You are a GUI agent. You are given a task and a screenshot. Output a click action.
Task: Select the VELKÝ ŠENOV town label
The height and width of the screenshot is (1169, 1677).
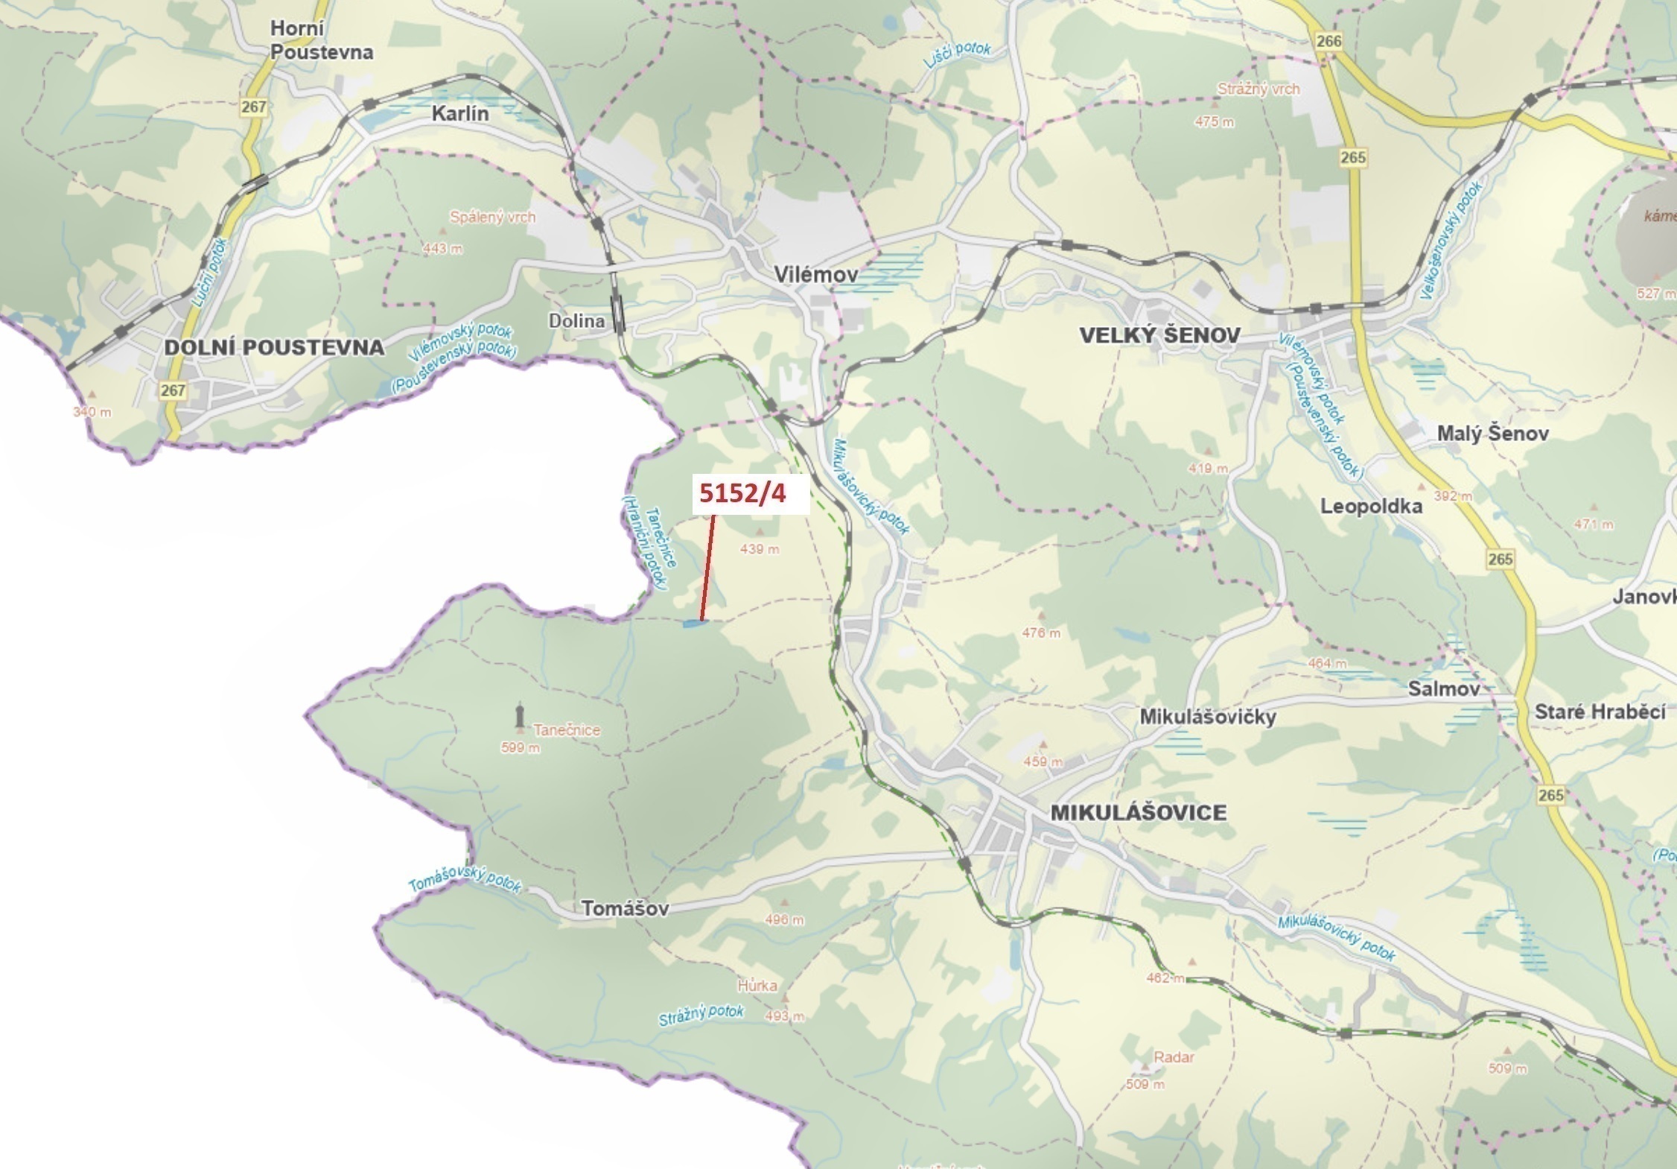tap(1159, 335)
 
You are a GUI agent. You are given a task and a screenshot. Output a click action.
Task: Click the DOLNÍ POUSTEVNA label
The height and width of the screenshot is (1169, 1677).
tap(274, 347)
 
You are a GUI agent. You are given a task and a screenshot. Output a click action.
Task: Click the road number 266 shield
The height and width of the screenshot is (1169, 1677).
tap(1328, 40)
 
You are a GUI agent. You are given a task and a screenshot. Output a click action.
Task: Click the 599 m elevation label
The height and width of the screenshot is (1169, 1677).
tap(521, 747)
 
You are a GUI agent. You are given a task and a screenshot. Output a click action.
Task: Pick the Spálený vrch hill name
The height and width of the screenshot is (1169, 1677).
tap(492, 218)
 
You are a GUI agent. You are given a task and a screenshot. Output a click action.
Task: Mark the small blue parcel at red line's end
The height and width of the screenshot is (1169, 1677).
tap(693, 623)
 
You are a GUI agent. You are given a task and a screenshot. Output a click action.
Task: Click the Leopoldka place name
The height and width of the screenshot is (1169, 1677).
tap(1371, 507)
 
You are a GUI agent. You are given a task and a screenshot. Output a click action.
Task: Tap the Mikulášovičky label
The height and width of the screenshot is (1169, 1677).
tap(1207, 717)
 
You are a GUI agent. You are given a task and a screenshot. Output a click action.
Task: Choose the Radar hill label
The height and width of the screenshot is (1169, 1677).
tap(1174, 1056)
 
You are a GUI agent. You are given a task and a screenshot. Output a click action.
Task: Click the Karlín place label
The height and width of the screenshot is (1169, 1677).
tap(460, 114)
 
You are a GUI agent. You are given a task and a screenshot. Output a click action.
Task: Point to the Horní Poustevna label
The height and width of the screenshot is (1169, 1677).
tap(321, 40)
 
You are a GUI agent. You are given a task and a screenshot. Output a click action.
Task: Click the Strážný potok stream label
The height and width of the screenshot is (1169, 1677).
tap(700, 1015)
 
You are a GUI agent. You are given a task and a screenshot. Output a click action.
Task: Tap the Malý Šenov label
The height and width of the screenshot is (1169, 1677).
tap(1492, 434)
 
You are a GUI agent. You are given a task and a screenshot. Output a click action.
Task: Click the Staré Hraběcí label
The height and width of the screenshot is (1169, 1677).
tap(1600, 712)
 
